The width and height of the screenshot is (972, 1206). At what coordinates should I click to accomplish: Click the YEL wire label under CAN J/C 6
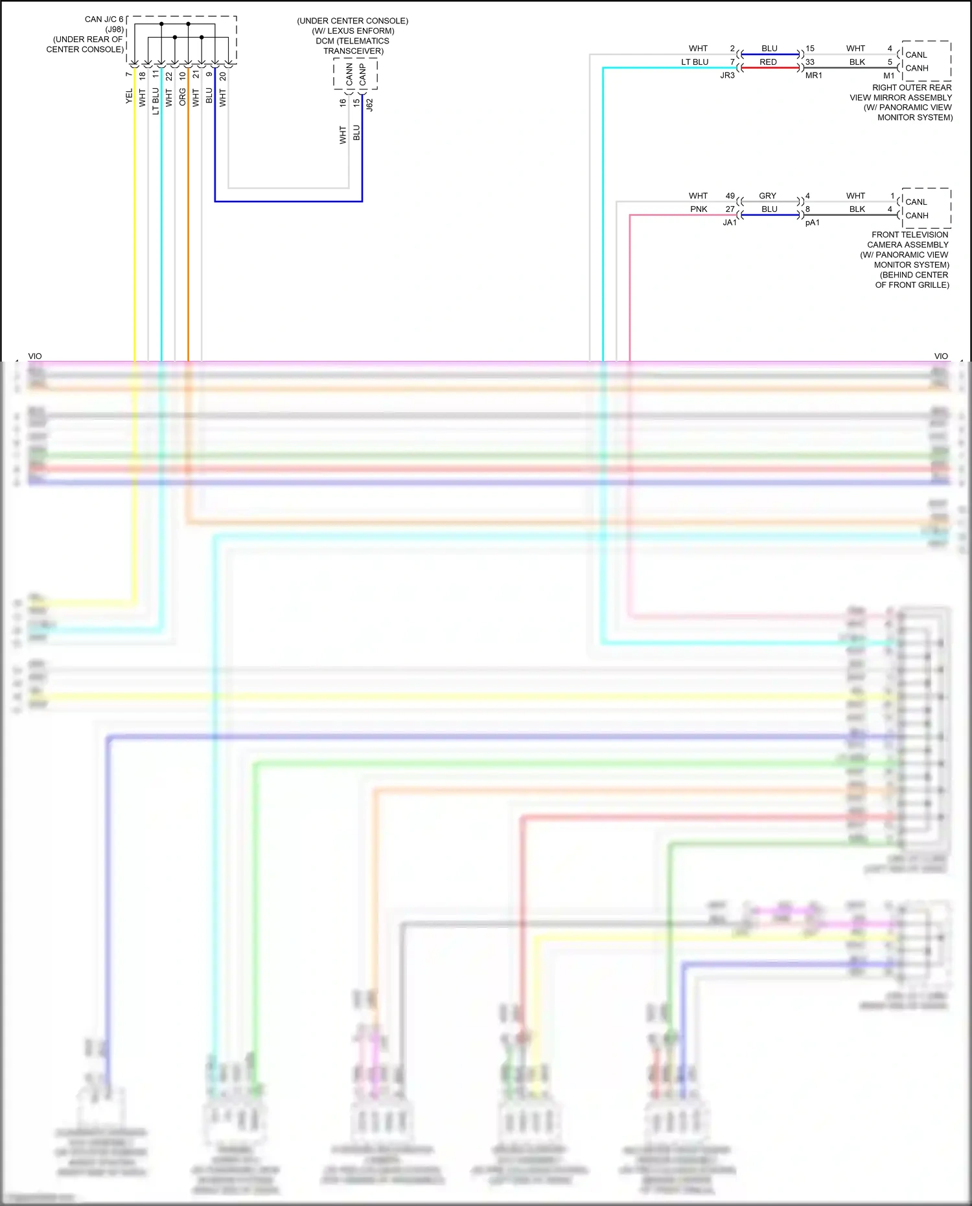tap(128, 96)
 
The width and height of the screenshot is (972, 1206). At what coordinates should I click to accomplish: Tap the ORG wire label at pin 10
tap(182, 97)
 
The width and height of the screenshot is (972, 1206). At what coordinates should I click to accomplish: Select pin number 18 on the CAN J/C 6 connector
tap(142, 76)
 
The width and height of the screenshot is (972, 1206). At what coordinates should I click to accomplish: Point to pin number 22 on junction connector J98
tap(169, 76)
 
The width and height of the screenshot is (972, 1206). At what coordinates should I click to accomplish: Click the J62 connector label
tap(369, 104)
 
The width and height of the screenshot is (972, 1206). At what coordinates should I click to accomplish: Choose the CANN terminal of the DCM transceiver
tap(349, 75)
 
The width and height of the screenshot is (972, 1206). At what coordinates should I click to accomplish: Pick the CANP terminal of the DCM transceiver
tap(362, 75)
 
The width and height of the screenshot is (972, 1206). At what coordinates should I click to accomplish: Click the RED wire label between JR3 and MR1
tap(768, 62)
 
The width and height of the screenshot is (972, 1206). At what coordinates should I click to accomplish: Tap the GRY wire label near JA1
tap(767, 196)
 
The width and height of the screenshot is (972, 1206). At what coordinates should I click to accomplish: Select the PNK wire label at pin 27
tap(699, 209)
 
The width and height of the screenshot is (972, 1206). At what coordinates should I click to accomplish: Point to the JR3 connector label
tap(727, 76)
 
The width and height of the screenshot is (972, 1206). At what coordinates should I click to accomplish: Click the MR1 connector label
tap(813, 76)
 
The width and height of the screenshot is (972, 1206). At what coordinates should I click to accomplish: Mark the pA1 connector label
tap(812, 223)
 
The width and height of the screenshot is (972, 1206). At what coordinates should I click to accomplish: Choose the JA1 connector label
tap(730, 223)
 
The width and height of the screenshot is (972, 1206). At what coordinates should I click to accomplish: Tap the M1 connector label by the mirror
tap(888, 76)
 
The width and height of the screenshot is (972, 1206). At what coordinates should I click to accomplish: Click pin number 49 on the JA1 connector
tap(730, 196)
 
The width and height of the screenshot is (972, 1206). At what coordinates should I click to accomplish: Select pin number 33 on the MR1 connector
tap(810, 62)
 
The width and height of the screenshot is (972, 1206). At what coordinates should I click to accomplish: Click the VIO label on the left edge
tap(35, 356)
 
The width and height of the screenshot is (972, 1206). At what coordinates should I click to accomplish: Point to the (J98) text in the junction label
tap(115, 29)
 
